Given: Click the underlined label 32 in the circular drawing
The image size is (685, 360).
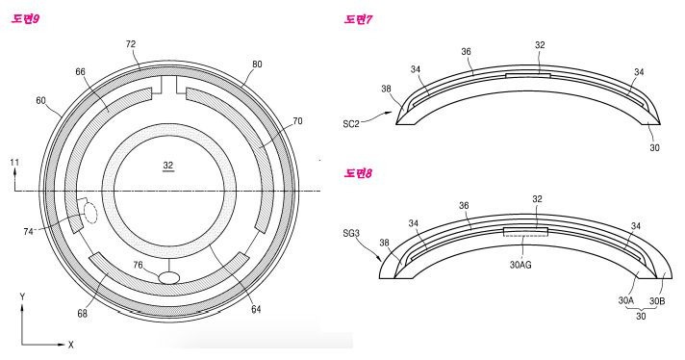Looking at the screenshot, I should point(167,166).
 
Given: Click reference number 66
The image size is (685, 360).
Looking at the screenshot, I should point(80,70).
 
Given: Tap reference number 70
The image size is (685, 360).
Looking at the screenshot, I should point(270,122).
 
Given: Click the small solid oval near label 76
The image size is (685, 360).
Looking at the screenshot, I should point(167,277).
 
